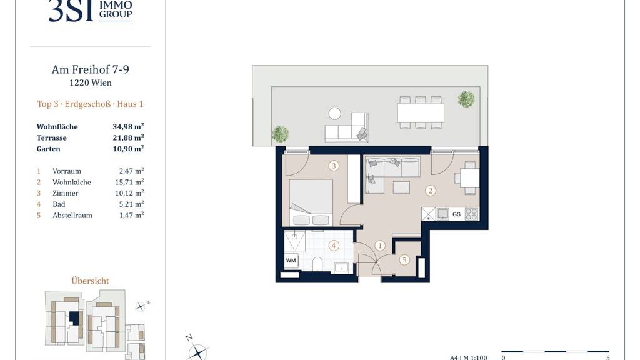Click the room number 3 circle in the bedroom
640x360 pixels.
click(x=334, y=166)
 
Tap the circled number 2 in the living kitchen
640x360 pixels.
click(x=430, y=190)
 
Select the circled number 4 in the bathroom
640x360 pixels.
click(x=334, y=246)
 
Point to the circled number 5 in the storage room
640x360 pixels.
click(x=404, y=259)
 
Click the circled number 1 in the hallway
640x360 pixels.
click(x=380, y=246)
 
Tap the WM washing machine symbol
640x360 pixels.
click(x=291, y=261)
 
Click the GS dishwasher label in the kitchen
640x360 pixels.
click(x=456, y=214)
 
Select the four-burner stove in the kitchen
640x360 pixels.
click(x=471, y=214)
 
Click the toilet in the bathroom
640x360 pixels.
click(x=317, y=264)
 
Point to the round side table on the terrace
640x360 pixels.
click(x=335, y=114)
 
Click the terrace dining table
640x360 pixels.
click(x=421, y=112)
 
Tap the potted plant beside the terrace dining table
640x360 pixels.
click(x=466, y=99)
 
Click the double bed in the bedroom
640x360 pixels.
click(x=311, y=202)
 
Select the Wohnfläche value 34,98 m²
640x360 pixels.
click(x=128, y=126)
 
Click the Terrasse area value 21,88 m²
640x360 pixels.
click(x=128, y=137)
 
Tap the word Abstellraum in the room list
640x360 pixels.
click(x=72, y=215)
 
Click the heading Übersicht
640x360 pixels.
click(x=90, y=281)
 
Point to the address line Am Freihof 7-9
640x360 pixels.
click(x=90, y=69)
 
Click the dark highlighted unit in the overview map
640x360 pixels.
click(x=74, y=317)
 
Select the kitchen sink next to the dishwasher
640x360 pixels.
click(x=443, y=214)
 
